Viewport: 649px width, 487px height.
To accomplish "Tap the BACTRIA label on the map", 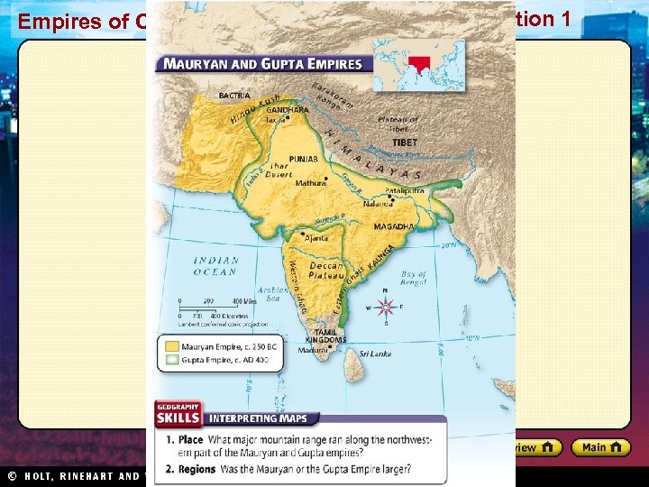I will click(x=235, y=95).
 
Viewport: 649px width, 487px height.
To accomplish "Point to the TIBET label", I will click(x=405, y=142).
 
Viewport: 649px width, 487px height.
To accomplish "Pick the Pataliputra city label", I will click(x=405, y=192).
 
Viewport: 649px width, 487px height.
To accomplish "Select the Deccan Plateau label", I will click(x=325, y=271).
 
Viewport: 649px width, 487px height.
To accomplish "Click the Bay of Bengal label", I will click(x=414, y=279).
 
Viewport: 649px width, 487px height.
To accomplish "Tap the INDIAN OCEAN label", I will click(x=215, y=266).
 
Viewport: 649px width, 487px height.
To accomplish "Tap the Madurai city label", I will click(x=315, y=351).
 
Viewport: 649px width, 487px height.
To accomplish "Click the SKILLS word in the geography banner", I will click(x=178, y=418).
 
